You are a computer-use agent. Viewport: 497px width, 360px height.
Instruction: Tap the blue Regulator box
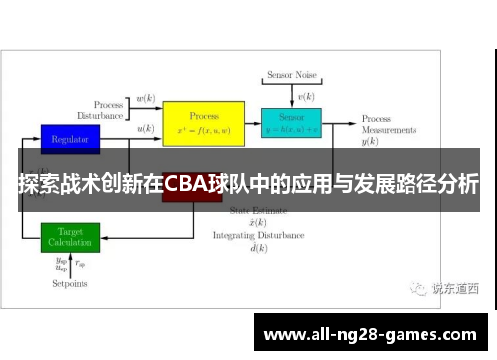[70, 139]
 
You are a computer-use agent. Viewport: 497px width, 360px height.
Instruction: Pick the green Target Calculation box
[70, 237]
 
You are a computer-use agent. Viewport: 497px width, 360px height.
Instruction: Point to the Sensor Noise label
[291, 75]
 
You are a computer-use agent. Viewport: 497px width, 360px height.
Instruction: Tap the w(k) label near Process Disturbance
[145, 99]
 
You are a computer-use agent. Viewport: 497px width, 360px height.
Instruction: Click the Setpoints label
[71, 284]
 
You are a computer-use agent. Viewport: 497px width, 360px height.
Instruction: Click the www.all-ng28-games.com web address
[372, 332]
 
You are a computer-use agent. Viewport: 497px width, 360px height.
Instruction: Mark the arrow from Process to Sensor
[252, 125]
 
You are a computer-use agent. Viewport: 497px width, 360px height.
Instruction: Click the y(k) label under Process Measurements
[370, 142]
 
